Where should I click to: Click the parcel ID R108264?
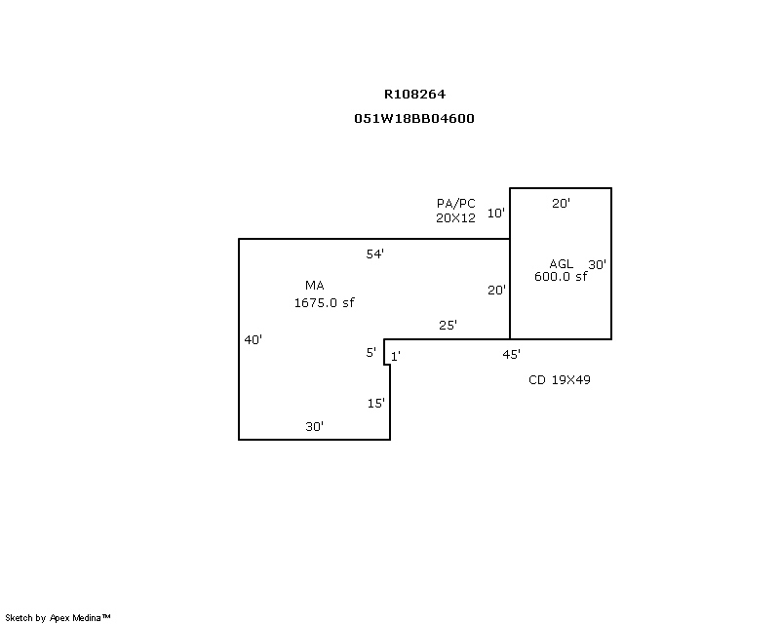pyautogui.click(x=415, y=95)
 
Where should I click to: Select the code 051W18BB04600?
pyautogui.click(x=414, y=118)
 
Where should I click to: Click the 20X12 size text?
pyautogui.click(x=455, y=218)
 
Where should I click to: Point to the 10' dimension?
pyautogui.click(x=496, y=213)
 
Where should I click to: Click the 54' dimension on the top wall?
pyautogui.click(x=375, y=253)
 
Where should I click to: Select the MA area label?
pyautogui.click(x=314, y=285)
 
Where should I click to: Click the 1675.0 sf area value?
pyautogui.click(x=324, y=302)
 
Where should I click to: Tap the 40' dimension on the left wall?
pyautogui.click(x=253, y=339)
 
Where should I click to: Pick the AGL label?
pyautogui.click(x=561, y=263)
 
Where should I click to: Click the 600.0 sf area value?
pyautogui.click(x=561, y=276)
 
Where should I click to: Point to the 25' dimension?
pyautogui.click(x=448, y=325)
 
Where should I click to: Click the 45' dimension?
pyautogui.click(x=511, y=354)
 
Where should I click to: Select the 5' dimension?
pyautogui.click(x=371, y=352)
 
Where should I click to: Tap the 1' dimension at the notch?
pyautogui.click(x=396, y=357)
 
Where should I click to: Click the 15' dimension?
pyautogui.click(x=376, y=403)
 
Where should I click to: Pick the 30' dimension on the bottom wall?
pyautogui.click(x=314, y=426)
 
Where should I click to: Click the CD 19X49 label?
pyautogui.click(x=559, y=379)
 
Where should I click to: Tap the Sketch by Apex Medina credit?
pyautogui.click(x=58, y=617)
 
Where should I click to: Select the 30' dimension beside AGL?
pyautogui.click(x=597, y=264)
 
